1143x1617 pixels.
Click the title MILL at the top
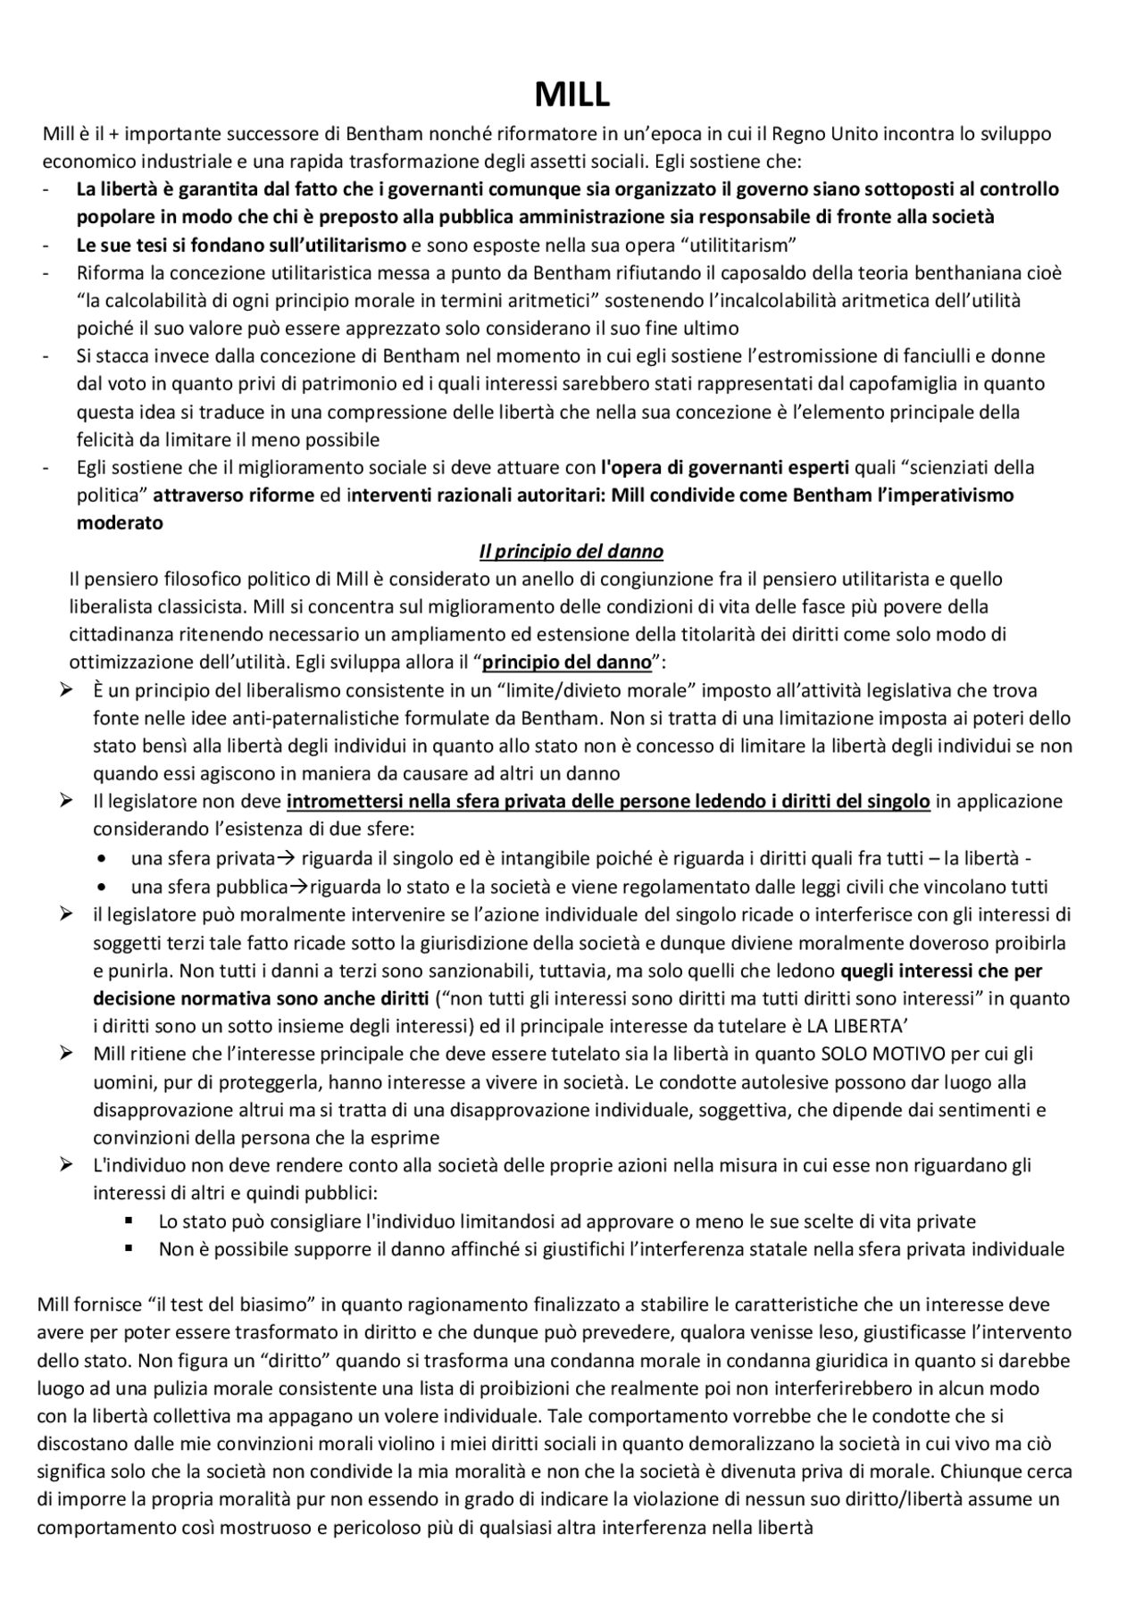(x=571, y=94)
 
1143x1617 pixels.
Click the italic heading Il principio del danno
(x=571, y=551)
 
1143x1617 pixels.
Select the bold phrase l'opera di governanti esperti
(x=725, y=467)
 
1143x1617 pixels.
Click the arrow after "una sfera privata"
(x=286, y=859)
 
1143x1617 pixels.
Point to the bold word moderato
(x=120, y=523)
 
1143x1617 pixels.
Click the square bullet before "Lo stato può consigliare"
(x=129, y=1220)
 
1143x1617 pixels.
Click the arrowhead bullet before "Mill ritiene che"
(x=66, y=1053)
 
